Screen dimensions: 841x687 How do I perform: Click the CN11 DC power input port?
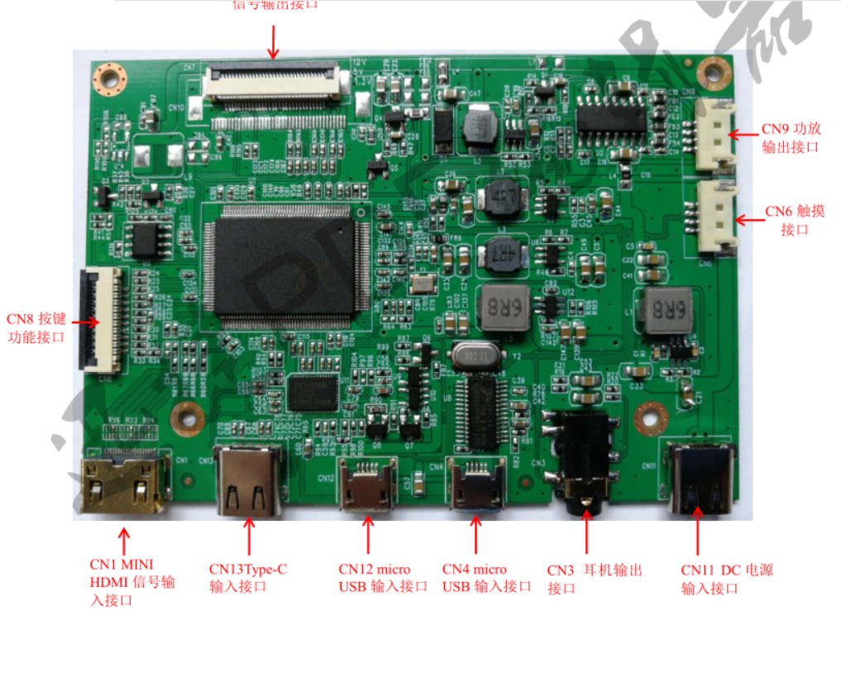pyautogui.click(x=700, y=479)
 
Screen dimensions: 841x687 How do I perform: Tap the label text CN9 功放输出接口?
pyautogui.click(x=791, y=138)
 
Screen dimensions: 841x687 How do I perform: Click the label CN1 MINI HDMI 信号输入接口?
pyautogui.click(x=132, y=582)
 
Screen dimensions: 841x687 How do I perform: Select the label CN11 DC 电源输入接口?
pyautogui.click(x=726, y=579)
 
